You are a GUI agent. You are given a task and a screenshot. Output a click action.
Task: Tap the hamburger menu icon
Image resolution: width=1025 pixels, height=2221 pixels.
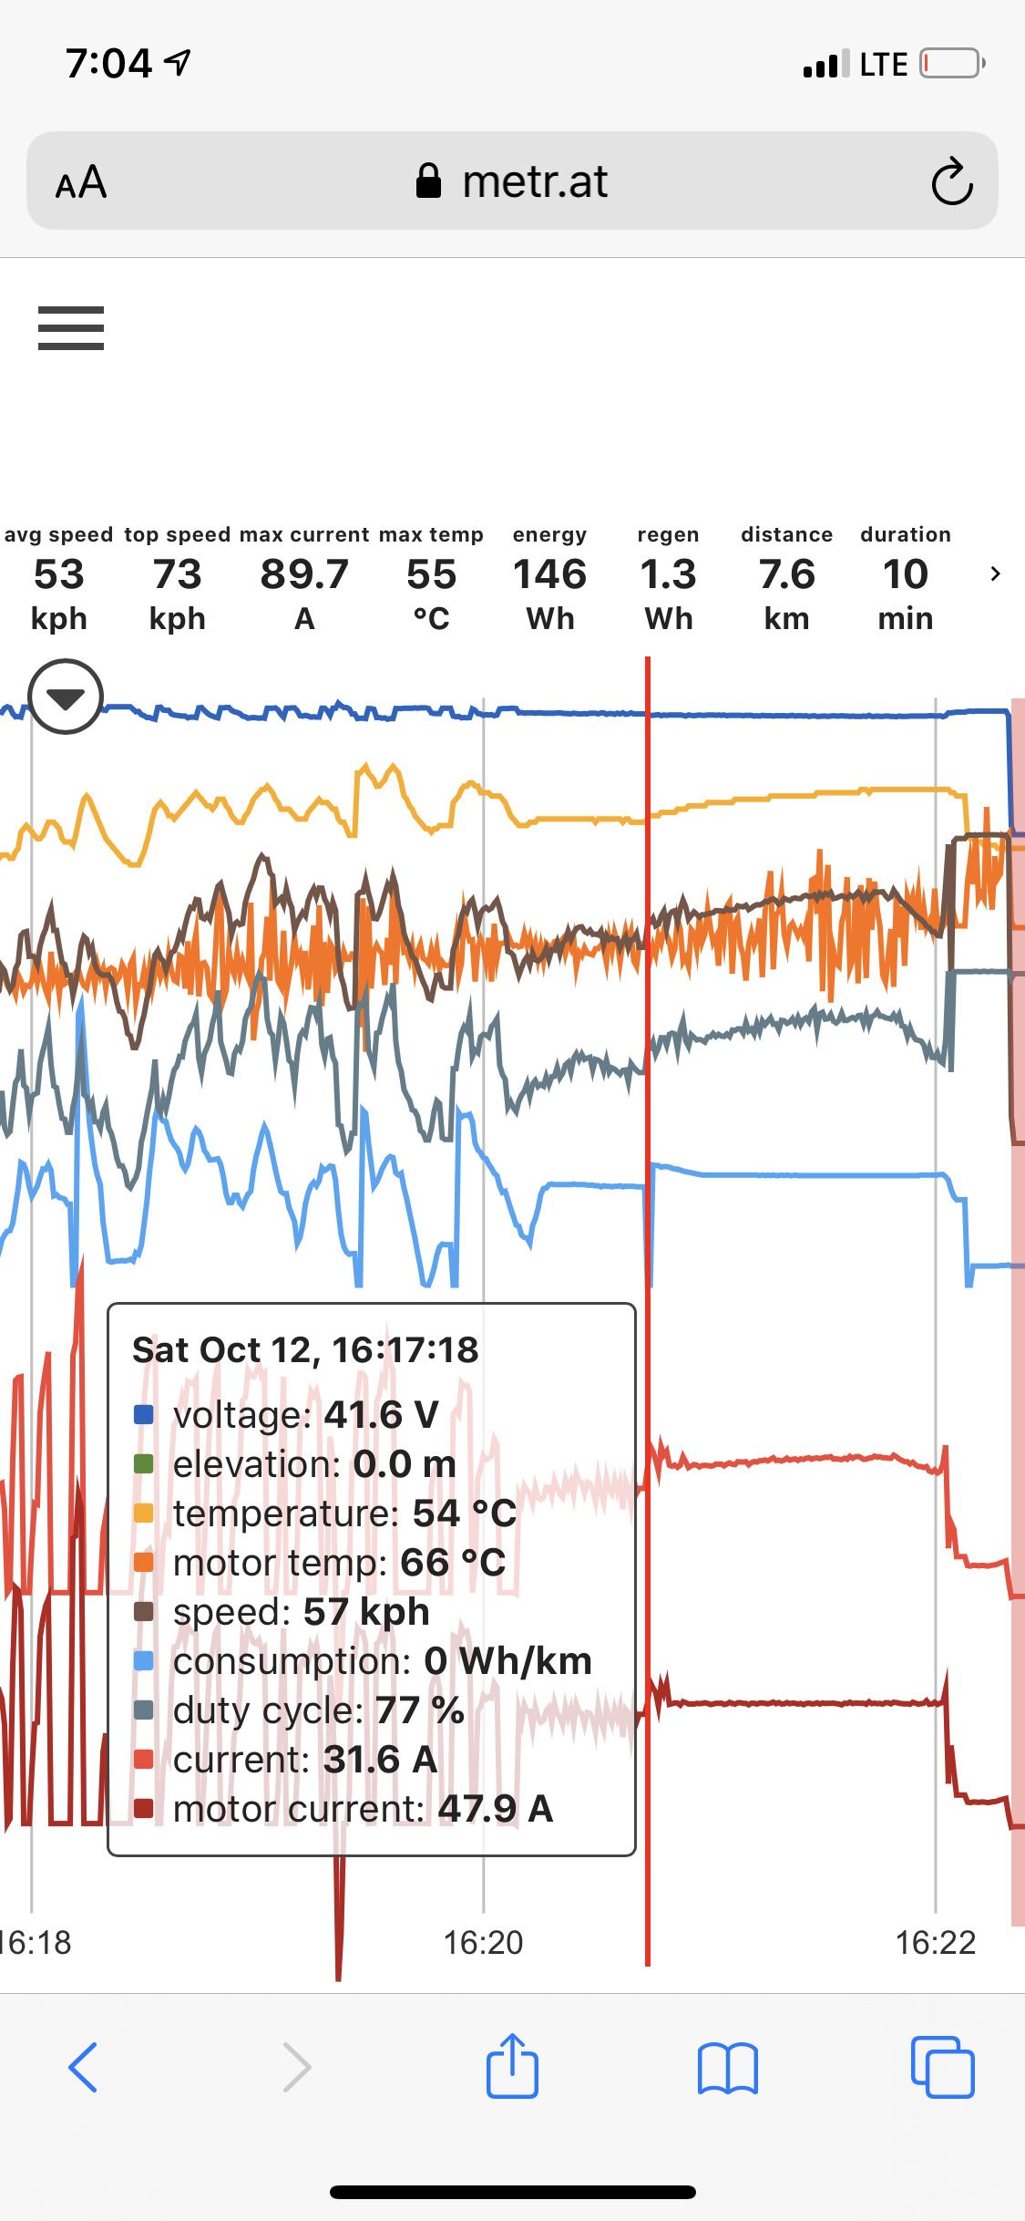tap(71, 328)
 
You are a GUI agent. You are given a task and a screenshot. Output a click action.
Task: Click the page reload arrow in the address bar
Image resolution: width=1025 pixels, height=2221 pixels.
tap(952, 181)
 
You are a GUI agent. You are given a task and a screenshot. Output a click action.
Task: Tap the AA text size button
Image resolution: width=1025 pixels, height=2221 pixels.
tap(81, 182)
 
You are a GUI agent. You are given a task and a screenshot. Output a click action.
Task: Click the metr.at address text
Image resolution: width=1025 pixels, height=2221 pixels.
tap(534, 181)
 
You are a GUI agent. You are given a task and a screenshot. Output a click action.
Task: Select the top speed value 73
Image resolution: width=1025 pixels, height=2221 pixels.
tap(177, 574)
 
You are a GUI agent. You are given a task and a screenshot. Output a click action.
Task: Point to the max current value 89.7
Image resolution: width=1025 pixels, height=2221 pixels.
tap(304, 574)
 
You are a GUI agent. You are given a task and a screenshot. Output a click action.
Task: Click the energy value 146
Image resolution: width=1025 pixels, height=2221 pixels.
tap(549, 574)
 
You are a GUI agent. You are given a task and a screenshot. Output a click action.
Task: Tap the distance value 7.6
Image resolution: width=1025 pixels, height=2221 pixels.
tap(786, 574)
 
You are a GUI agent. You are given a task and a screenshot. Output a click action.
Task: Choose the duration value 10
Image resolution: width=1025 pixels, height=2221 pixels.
tap(905, 574)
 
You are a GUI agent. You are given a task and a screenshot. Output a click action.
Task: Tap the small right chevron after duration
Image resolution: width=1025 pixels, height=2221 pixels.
tap(995, 573)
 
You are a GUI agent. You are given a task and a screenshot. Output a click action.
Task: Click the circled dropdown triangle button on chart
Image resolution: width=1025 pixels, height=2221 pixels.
tap(66, 697)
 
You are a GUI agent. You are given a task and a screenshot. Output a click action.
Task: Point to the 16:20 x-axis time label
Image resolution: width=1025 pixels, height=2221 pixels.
tap(483, 1943)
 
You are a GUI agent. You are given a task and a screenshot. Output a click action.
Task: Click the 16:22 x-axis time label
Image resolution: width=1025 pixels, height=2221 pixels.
tap(935, 1943)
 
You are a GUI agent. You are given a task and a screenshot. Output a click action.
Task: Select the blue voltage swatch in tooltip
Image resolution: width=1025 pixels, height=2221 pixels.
tap(144, 1415)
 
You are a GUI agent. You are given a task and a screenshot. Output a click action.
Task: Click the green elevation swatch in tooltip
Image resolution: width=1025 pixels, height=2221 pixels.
tap(144, 1464)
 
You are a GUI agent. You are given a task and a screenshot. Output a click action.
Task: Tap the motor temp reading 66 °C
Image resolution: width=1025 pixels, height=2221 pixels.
tap(453, 1563)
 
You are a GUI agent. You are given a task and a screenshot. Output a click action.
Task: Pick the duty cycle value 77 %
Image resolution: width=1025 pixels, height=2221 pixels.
tap(419, 1710)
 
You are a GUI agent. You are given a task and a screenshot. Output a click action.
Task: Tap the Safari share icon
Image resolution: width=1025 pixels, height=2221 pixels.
tap(512, 2067)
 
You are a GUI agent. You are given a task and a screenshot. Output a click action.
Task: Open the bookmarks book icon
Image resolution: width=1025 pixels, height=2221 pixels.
tap(727, 2067)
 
